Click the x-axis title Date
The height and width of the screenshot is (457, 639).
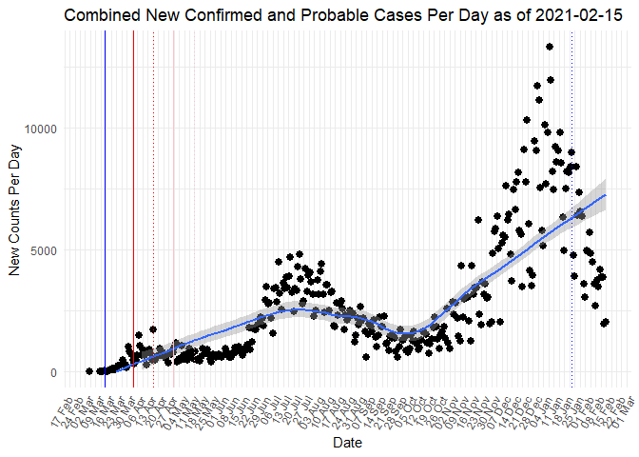click(346, 444)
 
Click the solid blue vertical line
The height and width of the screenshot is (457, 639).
click(105, 190)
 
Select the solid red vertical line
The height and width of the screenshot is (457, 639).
click(133, 190)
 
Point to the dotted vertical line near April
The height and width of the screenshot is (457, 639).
click(154, 190)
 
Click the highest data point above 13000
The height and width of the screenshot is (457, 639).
click(550, 47)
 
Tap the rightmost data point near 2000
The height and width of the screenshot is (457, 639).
click(605, 323)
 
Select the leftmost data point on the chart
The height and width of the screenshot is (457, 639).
click(88, 371)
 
